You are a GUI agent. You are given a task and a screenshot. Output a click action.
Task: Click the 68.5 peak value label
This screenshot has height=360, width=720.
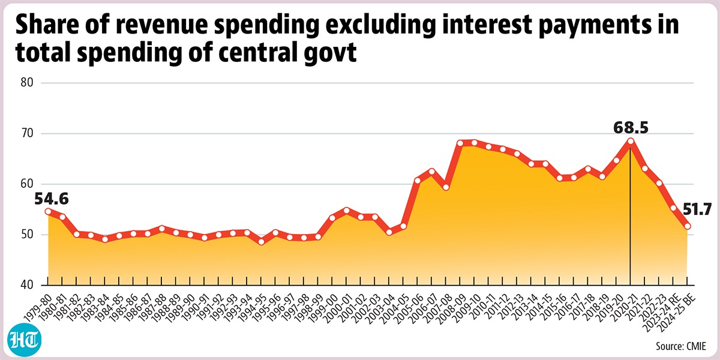631,128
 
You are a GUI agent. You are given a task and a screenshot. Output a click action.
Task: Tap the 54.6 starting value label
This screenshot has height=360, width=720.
52,199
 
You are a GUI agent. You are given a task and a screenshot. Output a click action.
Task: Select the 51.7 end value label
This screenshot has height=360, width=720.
697,210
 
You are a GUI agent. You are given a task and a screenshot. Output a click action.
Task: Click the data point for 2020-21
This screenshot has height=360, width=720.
631,141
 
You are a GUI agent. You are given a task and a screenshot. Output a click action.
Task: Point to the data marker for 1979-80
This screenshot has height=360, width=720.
48,211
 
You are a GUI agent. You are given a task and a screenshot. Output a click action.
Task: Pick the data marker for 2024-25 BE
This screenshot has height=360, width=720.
688,226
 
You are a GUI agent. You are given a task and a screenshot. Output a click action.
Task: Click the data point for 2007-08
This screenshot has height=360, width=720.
446,187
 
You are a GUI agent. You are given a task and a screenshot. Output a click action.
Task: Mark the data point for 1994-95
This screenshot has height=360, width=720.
262,241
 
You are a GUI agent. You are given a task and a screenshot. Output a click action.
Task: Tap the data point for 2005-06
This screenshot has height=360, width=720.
418,181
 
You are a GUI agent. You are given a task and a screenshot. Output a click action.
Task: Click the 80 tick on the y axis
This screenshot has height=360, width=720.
27,83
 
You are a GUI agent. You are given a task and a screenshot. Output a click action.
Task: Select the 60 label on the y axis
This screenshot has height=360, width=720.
27,184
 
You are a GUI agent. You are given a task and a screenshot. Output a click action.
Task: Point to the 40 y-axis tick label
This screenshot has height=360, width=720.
27,285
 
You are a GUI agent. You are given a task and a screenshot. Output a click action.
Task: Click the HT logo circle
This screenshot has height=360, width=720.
25,339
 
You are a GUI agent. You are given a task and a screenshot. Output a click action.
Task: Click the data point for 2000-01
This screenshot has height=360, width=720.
347,210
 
